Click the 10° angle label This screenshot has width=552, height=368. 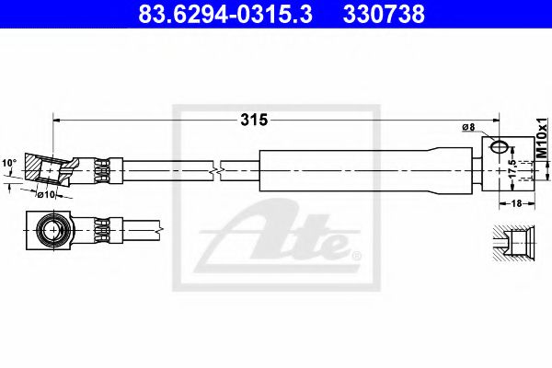10,163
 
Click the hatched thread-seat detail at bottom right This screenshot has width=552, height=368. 512,245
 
